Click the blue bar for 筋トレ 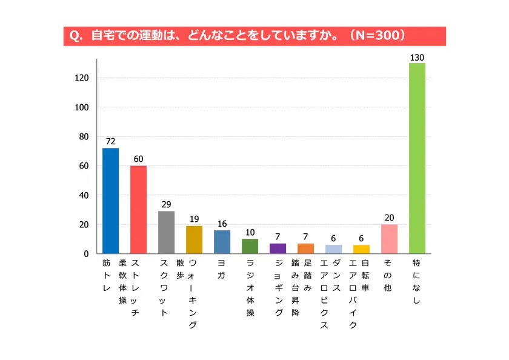(110, 201)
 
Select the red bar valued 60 (138, 209)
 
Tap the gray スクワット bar (166, 232)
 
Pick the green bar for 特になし (417, 158)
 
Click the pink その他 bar (389, 239)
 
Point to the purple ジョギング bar (278, 248)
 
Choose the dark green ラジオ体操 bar (250, 246)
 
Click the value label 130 (417, 58)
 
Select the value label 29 (166, 205)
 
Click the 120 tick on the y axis (82, 78)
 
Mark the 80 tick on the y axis (85, 137)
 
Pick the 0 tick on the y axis (87, 254)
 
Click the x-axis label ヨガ (222, 269)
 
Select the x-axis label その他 (389, 275)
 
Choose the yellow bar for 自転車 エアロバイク (361, 249)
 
